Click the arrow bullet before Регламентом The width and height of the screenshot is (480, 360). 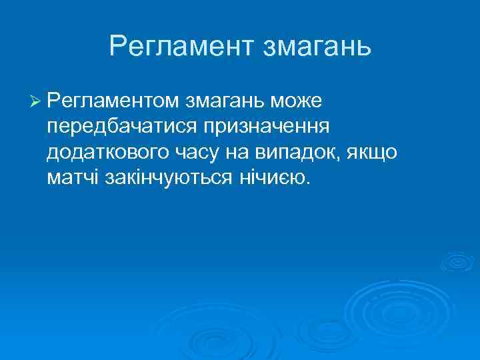(36, 101)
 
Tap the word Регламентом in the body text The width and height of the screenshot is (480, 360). (111, 101)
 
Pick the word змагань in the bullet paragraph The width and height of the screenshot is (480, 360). (223, 101)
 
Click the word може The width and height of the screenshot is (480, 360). (296, 101)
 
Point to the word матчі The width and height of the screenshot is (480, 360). (72, 177)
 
